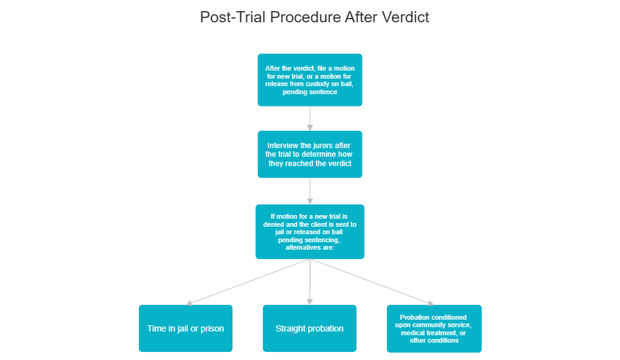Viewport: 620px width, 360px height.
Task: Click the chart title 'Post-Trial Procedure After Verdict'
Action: (x=314, y=17)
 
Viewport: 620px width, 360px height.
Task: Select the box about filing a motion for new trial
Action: (x=310, y=79)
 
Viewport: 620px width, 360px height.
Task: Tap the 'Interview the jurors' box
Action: (x=310, y=154)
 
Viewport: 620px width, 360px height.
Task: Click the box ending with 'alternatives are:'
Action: (x=310, y=231)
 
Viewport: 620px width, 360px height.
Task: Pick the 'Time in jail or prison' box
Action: (x=185, y=328)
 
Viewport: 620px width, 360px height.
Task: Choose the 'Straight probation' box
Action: (x=309, y=328)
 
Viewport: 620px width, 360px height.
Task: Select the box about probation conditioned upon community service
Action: (x=434, y=328)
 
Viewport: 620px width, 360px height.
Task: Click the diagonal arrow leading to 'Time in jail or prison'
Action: (x=248, y=282)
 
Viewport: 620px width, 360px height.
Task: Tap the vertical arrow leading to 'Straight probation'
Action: (x=310, y=282)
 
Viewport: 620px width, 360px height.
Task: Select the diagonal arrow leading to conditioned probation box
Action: (x=372, y=282)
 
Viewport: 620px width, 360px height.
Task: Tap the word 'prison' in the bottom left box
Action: (x=211, y=328)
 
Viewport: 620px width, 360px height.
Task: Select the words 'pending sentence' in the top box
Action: (x=310, y=92)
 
